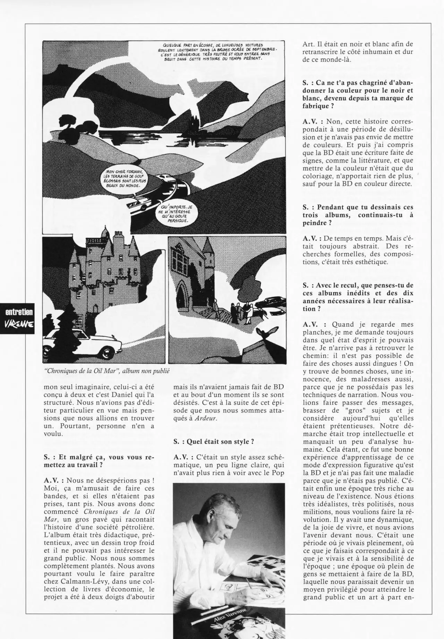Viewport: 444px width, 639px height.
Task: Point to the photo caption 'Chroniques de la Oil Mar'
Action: [107, 371]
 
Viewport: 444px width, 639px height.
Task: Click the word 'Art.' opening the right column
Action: [308, 44]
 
